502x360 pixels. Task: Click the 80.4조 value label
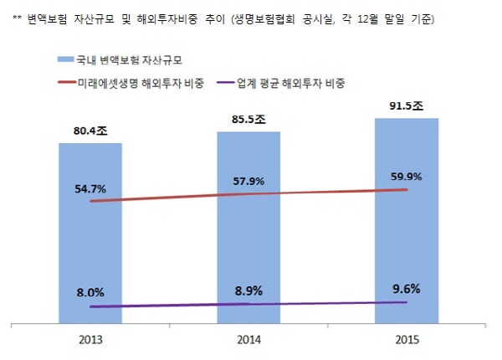coord(90,131)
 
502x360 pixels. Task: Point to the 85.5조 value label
coord(248,119)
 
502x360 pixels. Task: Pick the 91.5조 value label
coord(407,106)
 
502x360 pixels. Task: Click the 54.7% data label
coord(90,189)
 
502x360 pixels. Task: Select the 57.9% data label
coord(248,180)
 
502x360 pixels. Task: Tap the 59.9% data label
coord(407,176)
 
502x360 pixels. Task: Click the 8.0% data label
coord(90,292)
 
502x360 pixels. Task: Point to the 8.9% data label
coord(248,291)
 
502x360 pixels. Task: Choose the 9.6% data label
coord(407,287)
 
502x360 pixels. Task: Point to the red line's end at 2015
coord(407,190)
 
